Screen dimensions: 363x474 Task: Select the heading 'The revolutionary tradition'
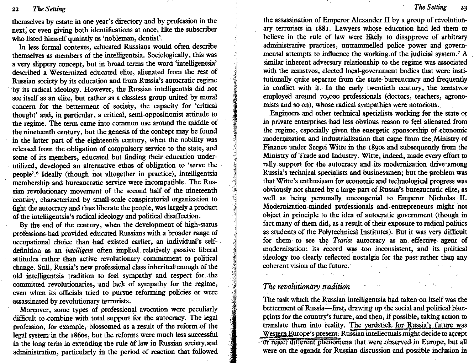click(x=306, y=287)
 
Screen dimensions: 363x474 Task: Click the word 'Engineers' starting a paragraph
click(x=285, y=113)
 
